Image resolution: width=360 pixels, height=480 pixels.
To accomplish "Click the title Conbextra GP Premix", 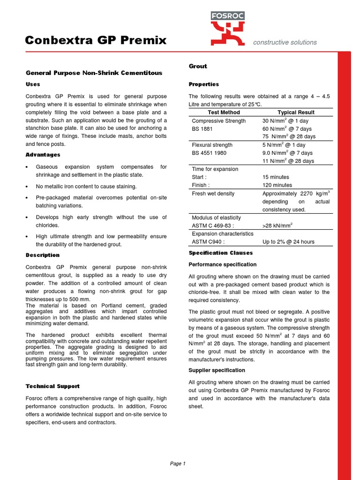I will point(96,40).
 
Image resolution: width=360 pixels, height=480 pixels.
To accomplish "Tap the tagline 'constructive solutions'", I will point(285,42).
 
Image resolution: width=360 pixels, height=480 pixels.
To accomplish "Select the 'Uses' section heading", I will point(33,84).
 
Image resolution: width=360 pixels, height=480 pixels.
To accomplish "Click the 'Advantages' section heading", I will point(43,155).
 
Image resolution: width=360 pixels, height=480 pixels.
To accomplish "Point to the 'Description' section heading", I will point(43,255).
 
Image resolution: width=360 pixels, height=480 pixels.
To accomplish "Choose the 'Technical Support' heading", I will point(52,386).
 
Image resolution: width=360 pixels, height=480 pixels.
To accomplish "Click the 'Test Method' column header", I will point(224,112).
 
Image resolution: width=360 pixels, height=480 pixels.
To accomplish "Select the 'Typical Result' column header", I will point(296,112).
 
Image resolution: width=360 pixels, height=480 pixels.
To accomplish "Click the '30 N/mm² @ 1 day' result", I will point(285,121).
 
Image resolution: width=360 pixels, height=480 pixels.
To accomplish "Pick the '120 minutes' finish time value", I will point(277,185).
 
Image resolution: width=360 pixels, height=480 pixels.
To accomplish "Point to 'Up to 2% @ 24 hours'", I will point(288,242).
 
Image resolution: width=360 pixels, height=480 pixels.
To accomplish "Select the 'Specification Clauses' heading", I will point(221,253).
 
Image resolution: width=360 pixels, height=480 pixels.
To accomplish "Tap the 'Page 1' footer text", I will point(178,464).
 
